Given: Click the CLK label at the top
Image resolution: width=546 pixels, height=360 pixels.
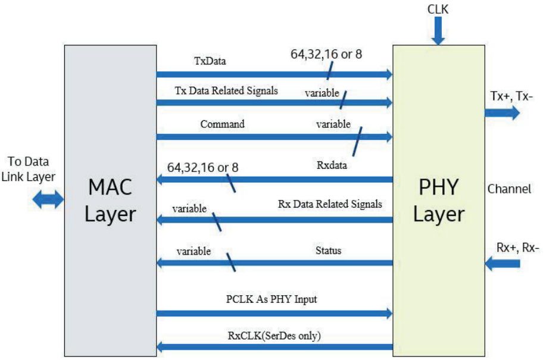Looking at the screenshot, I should click(x=438, y=10).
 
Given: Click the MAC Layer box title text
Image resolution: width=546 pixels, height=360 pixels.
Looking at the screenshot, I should click(x=110, y=201).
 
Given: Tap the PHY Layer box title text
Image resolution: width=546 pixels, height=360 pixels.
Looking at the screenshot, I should click(x=439, y=201).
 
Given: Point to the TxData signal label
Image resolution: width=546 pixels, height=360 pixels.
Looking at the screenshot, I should click(x=210, y=60).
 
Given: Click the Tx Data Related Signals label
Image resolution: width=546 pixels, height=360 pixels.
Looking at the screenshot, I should click(x=226, y=91).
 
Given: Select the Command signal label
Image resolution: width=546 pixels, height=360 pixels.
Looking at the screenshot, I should click(x=222, y=125).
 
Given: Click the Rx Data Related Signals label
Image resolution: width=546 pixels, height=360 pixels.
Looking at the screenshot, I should click(x=330, y=204).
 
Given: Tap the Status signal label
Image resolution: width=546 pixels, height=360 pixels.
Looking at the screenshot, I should click(x=328, y=251).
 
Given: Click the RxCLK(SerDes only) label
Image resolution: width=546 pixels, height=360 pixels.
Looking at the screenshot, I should click(x=274, y=336).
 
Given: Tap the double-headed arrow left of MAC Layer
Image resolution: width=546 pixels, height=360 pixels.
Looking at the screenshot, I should click(x=48, y=200).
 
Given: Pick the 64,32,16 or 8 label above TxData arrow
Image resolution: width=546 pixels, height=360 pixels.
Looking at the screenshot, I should click(x=326, y=55).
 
